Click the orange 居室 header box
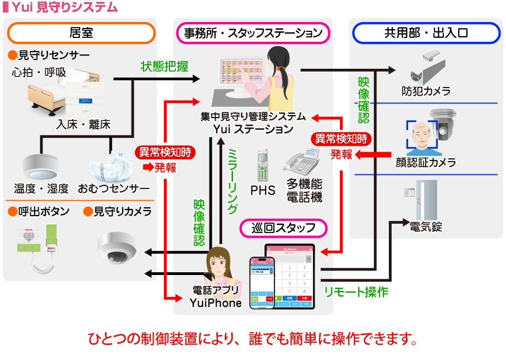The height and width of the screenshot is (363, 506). [81, 32]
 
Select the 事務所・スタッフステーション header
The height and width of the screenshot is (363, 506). [253, 32]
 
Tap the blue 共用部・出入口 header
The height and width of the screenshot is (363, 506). [426, 32]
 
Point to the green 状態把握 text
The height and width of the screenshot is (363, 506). [164, 67]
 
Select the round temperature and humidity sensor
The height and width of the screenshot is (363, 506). [41, 164]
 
